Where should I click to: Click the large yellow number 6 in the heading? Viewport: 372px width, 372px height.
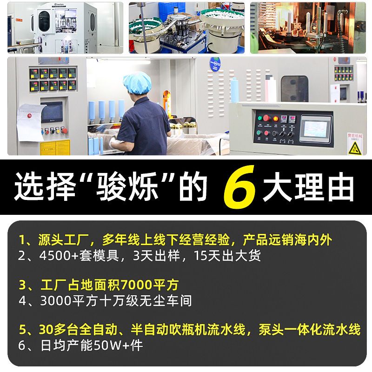pyautogui.click(x=240, y=187)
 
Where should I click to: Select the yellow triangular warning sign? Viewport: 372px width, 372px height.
pyautogui.click(x=355, y=148)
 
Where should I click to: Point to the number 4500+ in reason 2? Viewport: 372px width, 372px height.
pyautogui.click(x=59, y=256)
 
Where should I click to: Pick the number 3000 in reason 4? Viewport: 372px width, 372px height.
pyautogui.click(x=55, y=300)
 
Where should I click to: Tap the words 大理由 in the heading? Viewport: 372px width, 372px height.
pyautogui.click(x=308, y=187)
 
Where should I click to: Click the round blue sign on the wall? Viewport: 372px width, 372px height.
pyautogui.click(x=215, y=64)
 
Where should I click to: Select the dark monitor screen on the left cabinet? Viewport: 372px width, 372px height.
pyautogui.click(x=52, y=112)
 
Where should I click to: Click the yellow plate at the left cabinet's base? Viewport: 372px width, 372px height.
pyautogui.click(x=55, y=147)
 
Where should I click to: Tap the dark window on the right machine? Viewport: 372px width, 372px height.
pyautogui.click(x=295, y=89)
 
